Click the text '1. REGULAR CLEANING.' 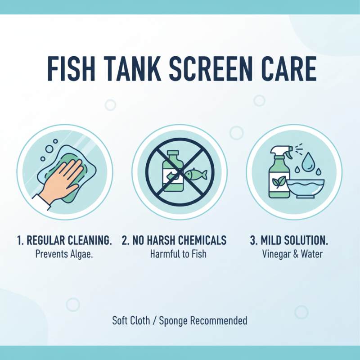point(65,240)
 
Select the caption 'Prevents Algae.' point(65,254)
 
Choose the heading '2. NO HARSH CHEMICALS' point(174,240)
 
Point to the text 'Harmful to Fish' point(178,254)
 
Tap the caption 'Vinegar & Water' point(292,254)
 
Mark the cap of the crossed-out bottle point(173,154)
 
